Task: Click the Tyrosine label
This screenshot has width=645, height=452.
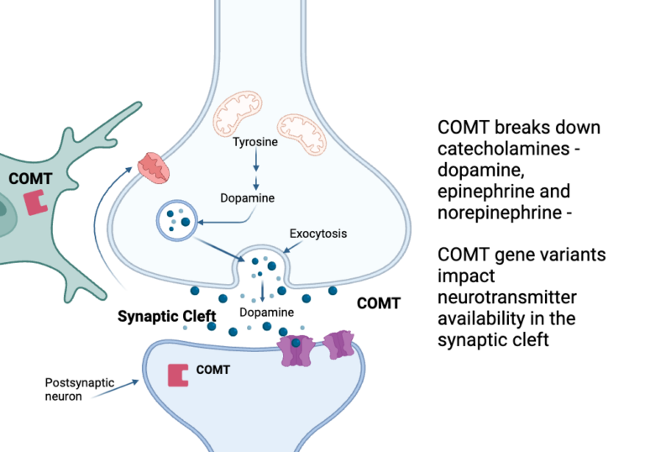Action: click(255, 143)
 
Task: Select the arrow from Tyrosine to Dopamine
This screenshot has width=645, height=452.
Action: click(255, 170)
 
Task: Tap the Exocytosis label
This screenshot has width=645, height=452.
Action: click(318, 232)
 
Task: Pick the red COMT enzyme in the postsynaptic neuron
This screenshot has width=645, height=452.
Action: click(177, 375)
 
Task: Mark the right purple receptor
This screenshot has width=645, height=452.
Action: click(338, 344)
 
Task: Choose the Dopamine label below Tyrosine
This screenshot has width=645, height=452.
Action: click(247, 198)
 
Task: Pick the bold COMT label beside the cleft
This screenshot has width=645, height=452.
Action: click(379, 303)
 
